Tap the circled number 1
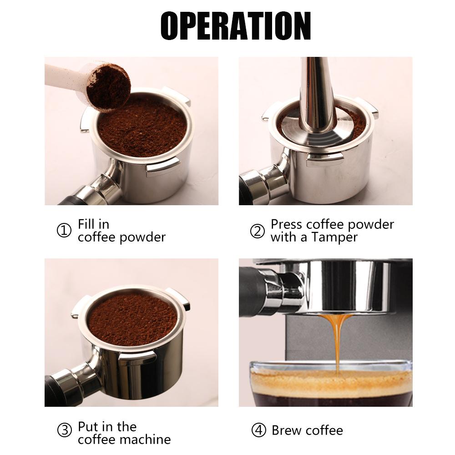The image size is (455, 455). tap(64, 231)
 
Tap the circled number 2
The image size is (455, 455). tap(257, 231)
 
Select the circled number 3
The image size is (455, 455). tap(64, 430)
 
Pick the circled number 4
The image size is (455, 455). tap(258, 430)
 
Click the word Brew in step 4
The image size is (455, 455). tap(287, 430)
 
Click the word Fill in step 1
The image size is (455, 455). tap(87, 224)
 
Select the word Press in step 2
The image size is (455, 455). tap(287, 224)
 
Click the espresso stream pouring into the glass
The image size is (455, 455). tap(337, 341)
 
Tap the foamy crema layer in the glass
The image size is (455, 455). tap(328, 382)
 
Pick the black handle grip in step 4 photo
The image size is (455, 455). tap(250, 291)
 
